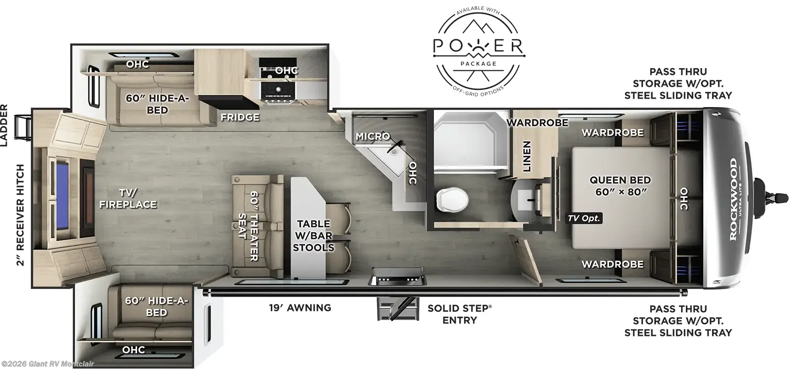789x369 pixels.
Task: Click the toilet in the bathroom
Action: pyautogui.click(x=452, y=198)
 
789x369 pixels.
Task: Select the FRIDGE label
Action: pyautogui.click(x=240, y=117)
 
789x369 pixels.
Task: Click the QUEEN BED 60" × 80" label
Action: pyautogui.click(x=620, y=186)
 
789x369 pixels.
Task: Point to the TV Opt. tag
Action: pyautogui.click(x=584, y=218)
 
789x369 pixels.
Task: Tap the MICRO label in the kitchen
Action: pyautogui.click(x=372, y=136)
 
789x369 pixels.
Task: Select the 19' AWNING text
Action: pyautogui.click(x=300, y=308)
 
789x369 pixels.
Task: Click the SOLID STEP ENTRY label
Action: pyautogui.click(x=459, y=314)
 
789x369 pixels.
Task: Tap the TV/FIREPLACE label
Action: pyautogui.click(x=128, y=198)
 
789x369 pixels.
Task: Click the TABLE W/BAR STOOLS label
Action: pyautogui.click(x=314, y=236)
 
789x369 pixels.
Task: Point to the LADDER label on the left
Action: pyautogui.click(x=4, y=125)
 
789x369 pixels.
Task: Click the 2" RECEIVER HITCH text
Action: pyautogui.click(x=20, y=215)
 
